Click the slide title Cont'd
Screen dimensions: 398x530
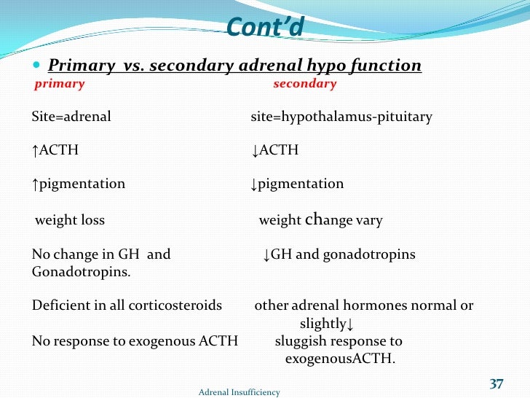264,27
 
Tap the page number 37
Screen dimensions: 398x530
497,384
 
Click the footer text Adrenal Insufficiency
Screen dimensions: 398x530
239,392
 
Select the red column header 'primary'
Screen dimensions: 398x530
60,84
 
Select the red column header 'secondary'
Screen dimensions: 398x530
304,84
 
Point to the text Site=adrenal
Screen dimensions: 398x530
71,117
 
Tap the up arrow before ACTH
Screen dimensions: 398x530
35,150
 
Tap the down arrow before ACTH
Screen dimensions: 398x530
255,150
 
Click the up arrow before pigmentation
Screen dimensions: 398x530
35,184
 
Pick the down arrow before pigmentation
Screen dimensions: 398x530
255,184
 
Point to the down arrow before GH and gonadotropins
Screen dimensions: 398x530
266,254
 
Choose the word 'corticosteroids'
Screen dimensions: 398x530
175,305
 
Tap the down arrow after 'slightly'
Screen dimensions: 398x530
350,324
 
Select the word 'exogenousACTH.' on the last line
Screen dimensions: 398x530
340,359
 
